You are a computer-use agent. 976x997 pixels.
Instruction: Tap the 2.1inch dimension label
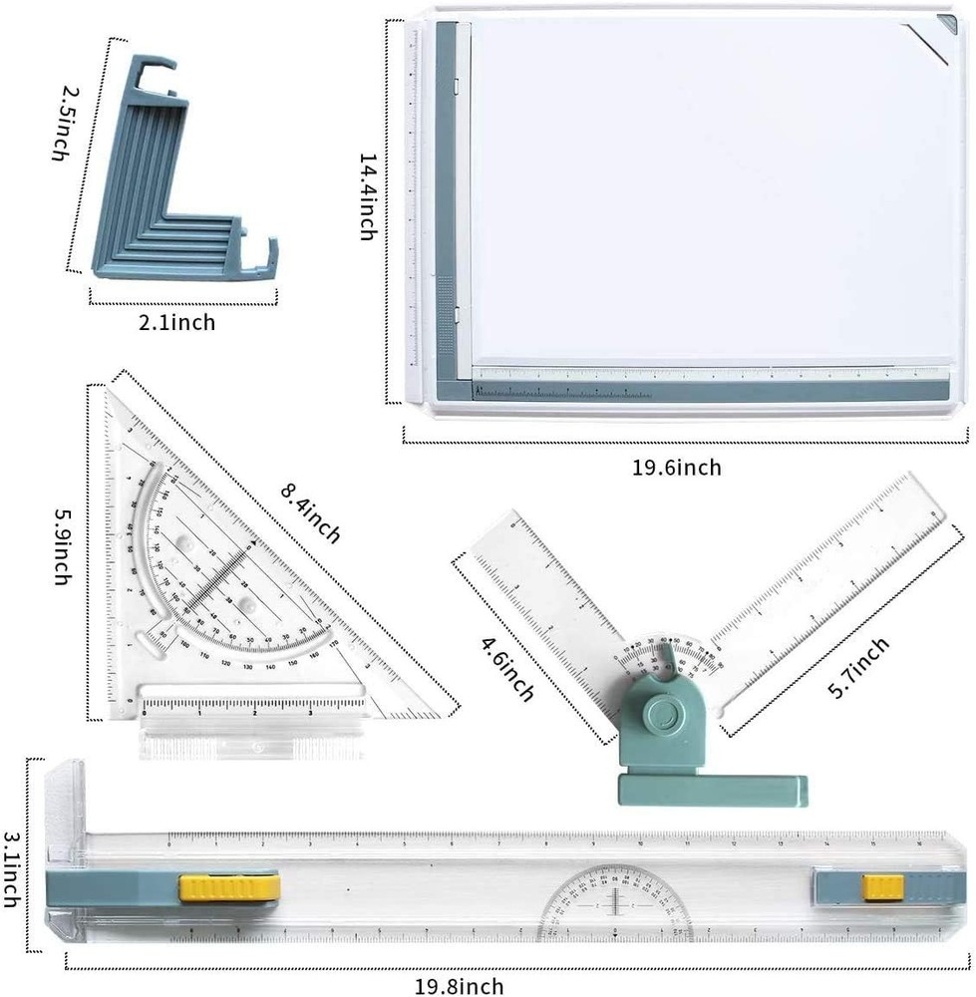(177, 321)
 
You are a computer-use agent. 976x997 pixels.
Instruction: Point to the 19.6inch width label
(677, 467)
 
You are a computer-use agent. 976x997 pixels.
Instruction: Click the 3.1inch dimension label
(13, 869)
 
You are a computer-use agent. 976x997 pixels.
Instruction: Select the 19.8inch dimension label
(460, 987)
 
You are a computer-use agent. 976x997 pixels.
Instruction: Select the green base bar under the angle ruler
(712, 790)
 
